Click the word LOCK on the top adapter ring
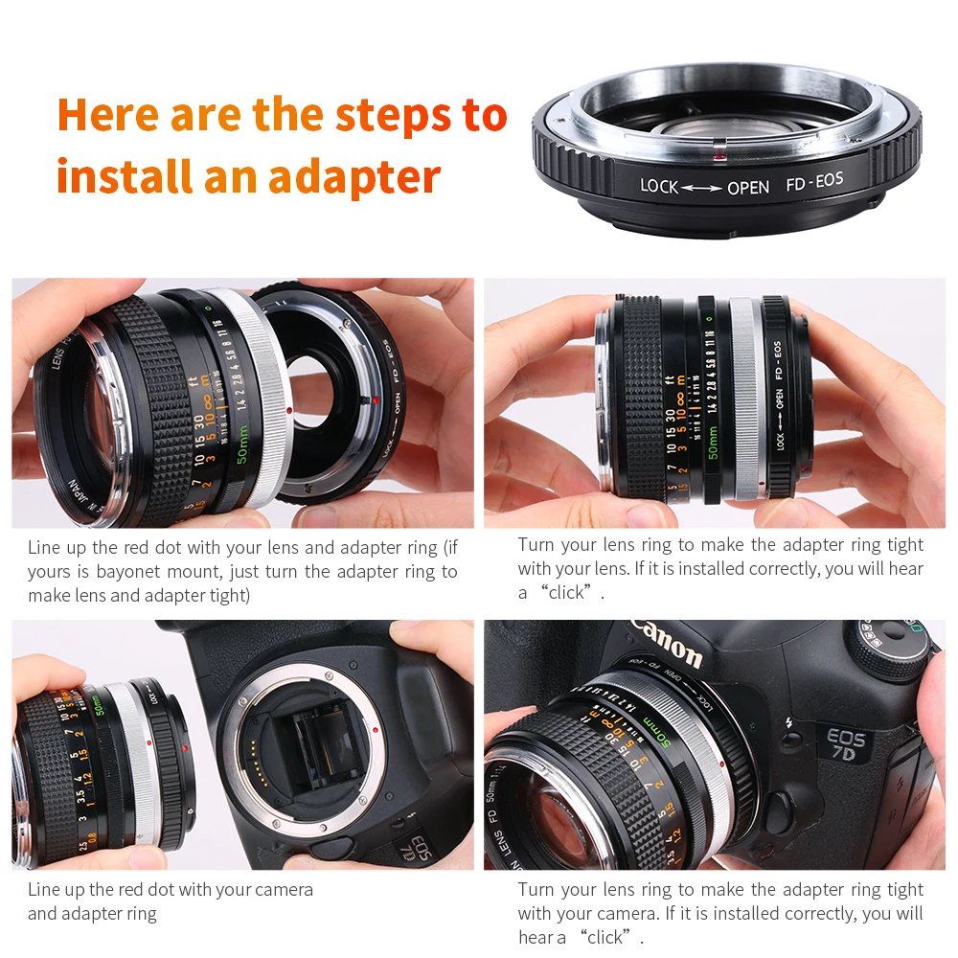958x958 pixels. (x=659, y=186)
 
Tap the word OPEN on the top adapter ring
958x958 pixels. (x=747, y=188)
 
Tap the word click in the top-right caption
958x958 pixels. (x=565, y=592)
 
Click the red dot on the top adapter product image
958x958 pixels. (x=716, y=152)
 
